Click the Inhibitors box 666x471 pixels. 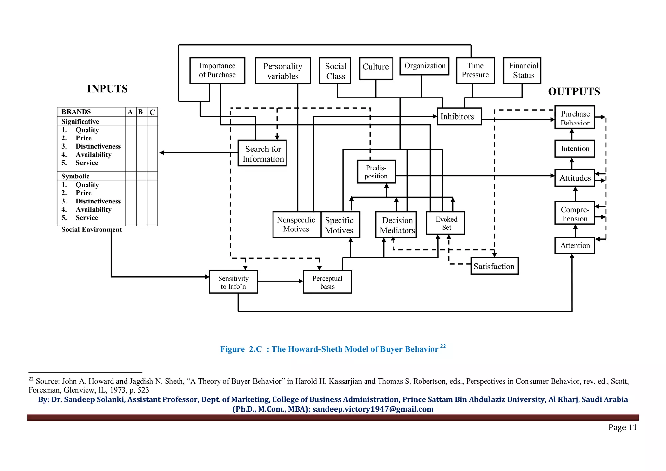(x=459, y=116)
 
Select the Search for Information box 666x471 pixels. (x=262, y=153)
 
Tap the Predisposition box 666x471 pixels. (x=376, y=172)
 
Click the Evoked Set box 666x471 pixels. (x=445, y=223)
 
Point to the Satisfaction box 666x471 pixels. (x=494, y=266)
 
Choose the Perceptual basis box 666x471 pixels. (x=327, y=282)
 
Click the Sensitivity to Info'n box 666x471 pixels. (x=233, y=282)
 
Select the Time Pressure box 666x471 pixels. (x=475, y=71)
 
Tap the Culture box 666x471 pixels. (x=376, y=68)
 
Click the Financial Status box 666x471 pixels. (x=522, y=71)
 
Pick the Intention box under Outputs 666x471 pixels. (x=575, y=149)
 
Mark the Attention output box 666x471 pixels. (x=575, y=245)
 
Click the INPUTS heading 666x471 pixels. (x=107, y=89)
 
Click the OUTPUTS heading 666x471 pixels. (x=574, y=91)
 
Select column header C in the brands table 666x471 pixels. (x=152, y=112)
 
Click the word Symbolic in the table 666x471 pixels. (x=75, y=176)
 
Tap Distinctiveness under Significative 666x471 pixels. (x=98, y=146)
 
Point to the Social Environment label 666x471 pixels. (x=91, y=229)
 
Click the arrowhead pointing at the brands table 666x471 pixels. (x=162, y=153)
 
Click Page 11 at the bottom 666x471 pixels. (x=622, y=427)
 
